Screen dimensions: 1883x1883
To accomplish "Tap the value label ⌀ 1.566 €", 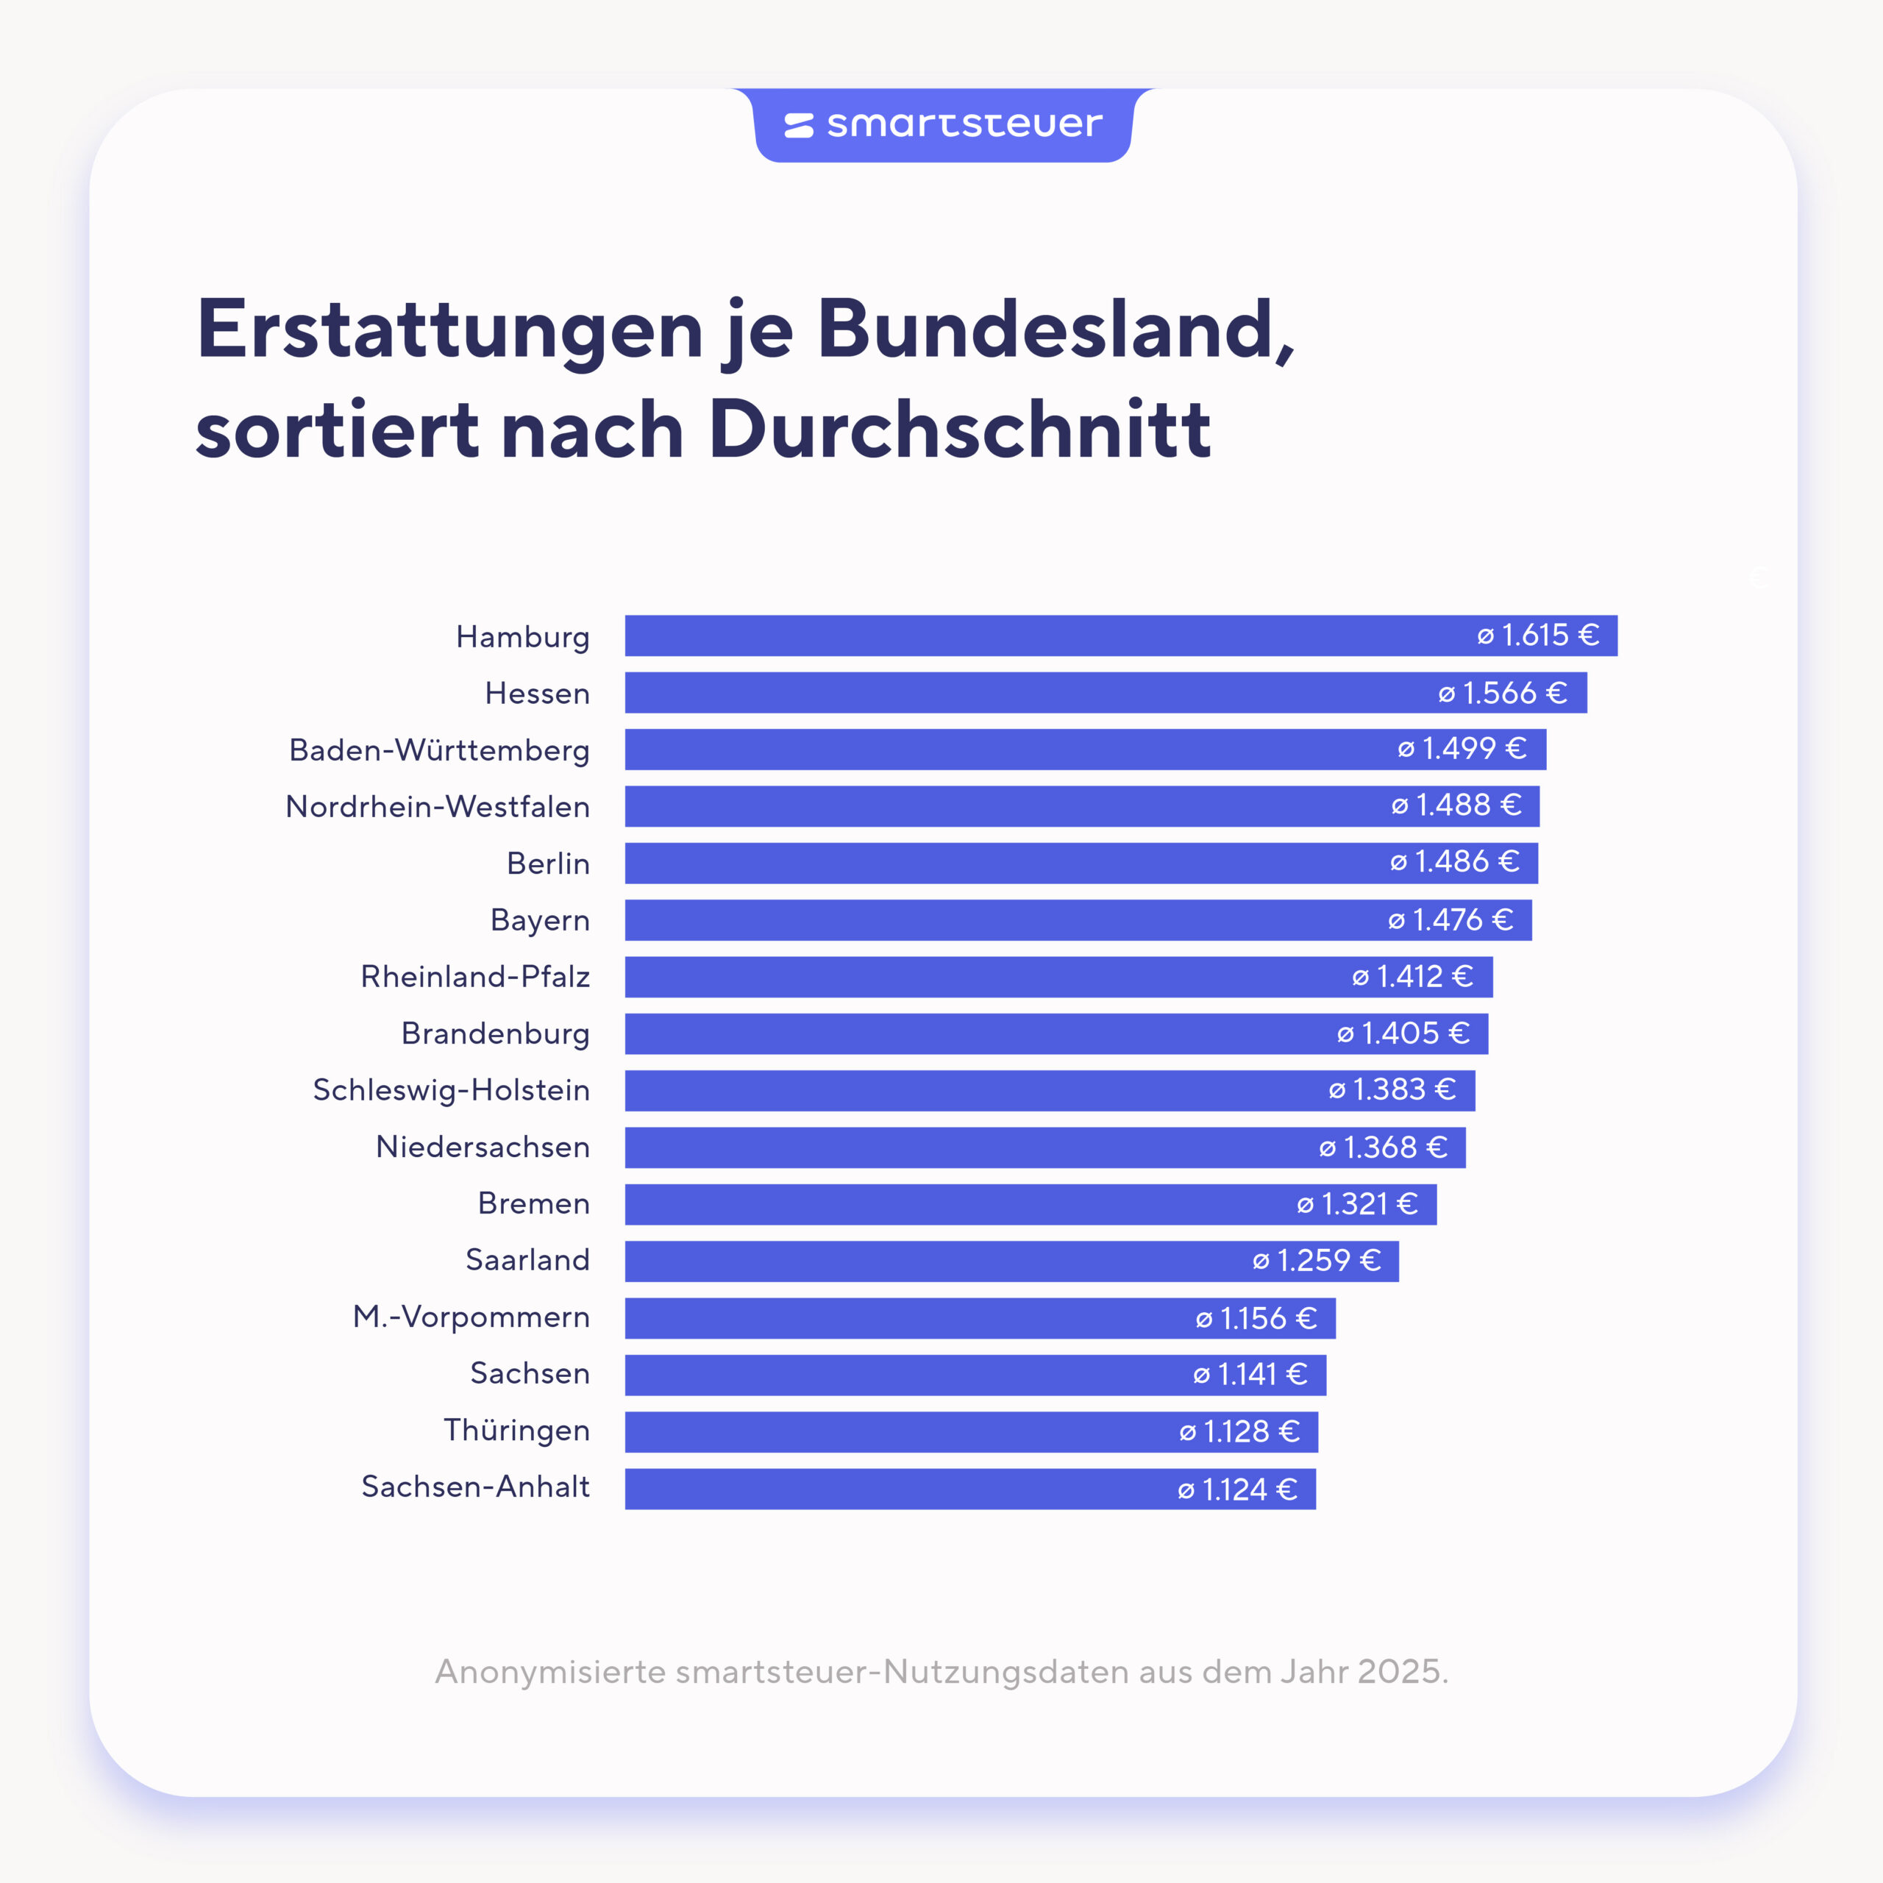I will click(1503, 693).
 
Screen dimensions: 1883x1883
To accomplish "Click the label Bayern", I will click(540, 920).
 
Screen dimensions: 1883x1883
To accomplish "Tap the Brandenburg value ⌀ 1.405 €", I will click(1403, 1033).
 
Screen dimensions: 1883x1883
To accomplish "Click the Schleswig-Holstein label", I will click(451, 1089).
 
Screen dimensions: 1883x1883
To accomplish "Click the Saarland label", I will click(527, 1260).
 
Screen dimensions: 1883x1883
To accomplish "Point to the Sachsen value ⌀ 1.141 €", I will click(1250, 1374).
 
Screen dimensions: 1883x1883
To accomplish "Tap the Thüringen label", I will click(516, 1430).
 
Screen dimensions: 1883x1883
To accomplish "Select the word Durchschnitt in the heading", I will click(959, 429).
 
